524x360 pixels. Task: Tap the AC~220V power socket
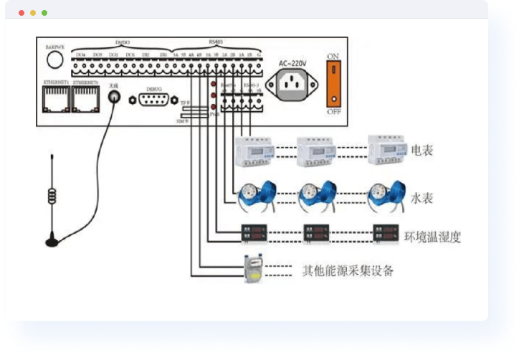pyautogui.click(x=291, y=86)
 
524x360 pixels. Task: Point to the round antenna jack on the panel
pyautogui.click(x=113, y=99)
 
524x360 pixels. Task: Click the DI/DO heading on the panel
pyautogui.click(x=122, y=43)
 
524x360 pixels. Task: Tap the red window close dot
pyautogui.click(x=22, y=13)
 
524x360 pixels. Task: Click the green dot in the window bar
pyautogui.click(x=44, y=13)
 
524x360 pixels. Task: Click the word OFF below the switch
pyautogui.click(x=333, y=113)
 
